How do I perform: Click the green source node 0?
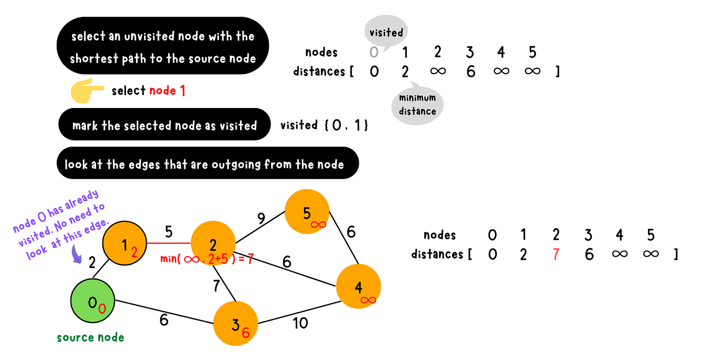point(93,302)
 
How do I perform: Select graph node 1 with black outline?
point(125,244)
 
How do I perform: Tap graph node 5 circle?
point(308,212)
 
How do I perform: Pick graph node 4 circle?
point(358,287)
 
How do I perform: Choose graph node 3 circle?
point(236,323)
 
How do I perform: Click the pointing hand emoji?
point(87,91)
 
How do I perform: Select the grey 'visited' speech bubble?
point(386,32)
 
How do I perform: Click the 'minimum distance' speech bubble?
point(417,104)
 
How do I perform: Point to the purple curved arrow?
point(78,255)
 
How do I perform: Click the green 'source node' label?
point(91,338)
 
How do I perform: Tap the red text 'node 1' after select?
point(167,91)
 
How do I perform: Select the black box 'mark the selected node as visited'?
point(164,125)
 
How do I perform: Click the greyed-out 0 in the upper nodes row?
point(374,52)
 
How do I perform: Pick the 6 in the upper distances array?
point(471,71)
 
